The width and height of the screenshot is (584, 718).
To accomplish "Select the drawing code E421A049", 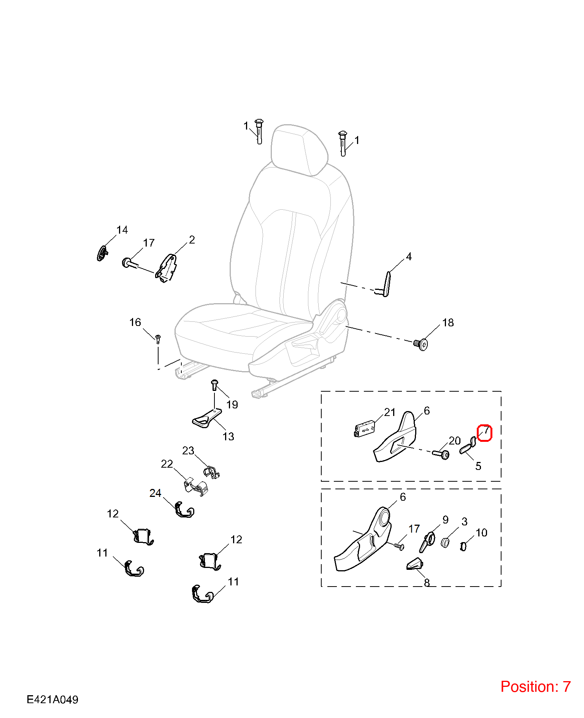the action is point(52,699).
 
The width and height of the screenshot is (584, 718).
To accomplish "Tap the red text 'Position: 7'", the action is point(535,686).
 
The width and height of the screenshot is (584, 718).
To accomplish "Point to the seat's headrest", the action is point(299,150).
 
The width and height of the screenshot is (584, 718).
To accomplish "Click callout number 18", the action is point(448,323).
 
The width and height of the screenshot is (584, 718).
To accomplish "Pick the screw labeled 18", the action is point(421,344).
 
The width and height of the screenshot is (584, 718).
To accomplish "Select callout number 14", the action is point(122,230).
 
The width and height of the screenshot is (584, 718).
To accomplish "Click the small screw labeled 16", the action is point(158,338).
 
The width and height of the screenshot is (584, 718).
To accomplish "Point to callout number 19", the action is point(232,405).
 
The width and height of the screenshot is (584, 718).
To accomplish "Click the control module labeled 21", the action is point(365,429).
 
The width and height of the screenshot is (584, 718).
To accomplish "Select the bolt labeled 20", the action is point(441,453).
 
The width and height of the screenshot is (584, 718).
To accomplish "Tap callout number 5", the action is point(478,466).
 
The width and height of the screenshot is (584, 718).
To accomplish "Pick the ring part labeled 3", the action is point(445,542).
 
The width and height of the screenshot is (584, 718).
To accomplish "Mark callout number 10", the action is point(481,533).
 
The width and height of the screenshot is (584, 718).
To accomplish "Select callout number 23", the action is point(188,451).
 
